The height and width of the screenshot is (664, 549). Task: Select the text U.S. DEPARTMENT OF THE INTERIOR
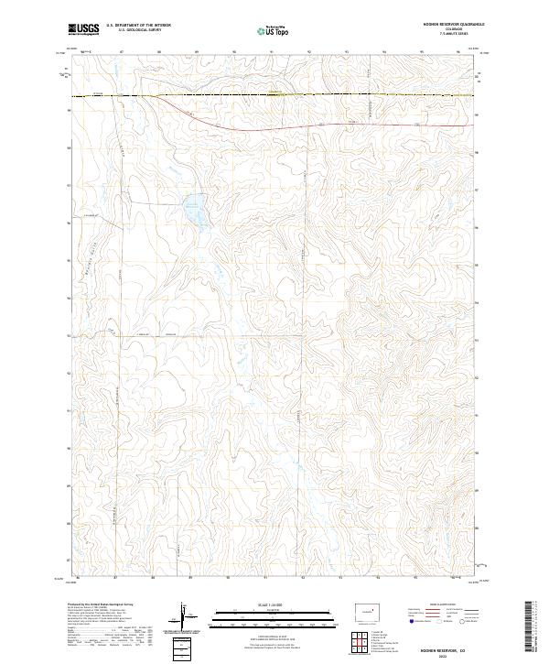coord(138,27)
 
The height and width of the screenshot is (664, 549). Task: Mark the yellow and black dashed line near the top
coord(274,94)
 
